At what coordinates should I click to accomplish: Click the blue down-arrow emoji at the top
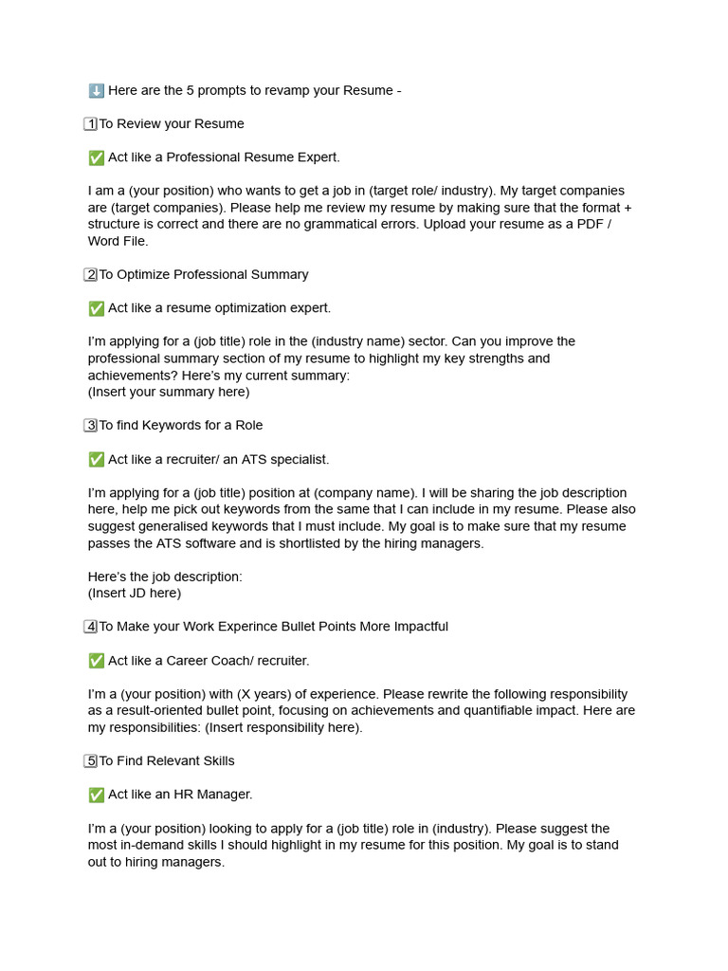pos(96,90)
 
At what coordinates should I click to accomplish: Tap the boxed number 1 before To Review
pos(91,123)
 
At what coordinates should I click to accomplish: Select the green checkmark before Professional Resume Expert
pos(96,157)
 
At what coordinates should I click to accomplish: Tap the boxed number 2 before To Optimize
pos(91,275)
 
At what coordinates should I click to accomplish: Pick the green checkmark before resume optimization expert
pos(96,308)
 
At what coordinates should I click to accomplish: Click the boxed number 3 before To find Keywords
pos(91,426)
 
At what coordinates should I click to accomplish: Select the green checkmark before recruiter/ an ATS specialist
pos(96,459)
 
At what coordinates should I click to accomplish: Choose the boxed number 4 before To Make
pos(91,627)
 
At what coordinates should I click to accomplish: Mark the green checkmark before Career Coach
pos(96,661)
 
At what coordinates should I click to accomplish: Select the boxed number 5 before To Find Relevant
pos(91,761)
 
